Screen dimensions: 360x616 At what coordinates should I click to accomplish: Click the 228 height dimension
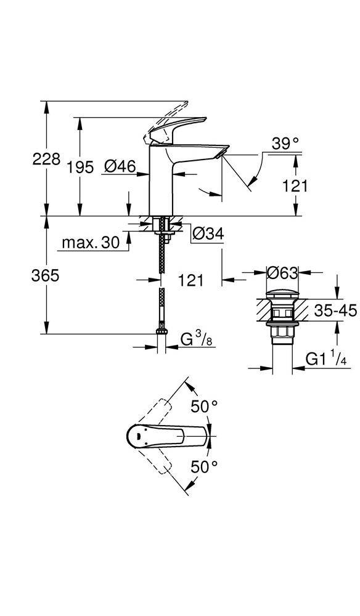(x=46, y=160)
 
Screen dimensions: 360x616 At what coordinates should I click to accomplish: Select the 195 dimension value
(x=80, y=168)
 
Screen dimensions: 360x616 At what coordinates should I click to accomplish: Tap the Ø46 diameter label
(x=120, y=167)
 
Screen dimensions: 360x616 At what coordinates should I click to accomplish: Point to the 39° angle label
(x=286, y=144)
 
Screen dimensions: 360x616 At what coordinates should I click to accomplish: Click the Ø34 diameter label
(x=208, y=234)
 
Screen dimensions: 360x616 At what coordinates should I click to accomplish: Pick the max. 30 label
(x=91, y=243)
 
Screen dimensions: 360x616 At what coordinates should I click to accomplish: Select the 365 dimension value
(x=45, y=276)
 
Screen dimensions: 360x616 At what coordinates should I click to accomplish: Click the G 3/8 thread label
(x=196, y=339)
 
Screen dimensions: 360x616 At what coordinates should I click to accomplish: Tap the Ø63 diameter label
(x=282, y=273)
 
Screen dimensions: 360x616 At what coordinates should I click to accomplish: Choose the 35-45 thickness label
(x=335, y=312)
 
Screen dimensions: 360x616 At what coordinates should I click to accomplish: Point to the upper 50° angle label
(x=205, y=407)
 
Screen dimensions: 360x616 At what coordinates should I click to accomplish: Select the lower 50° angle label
(x=205, y=467)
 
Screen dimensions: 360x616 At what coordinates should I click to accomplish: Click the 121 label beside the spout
(x=295, y=186)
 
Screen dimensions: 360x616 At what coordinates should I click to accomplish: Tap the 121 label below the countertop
(x=191, y=280)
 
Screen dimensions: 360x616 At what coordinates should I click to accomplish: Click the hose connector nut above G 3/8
(x=161, y=331)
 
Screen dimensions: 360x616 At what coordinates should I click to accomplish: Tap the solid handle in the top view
(x=168, y=436)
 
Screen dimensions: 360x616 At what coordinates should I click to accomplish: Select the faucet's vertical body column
(x=161, y=180)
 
